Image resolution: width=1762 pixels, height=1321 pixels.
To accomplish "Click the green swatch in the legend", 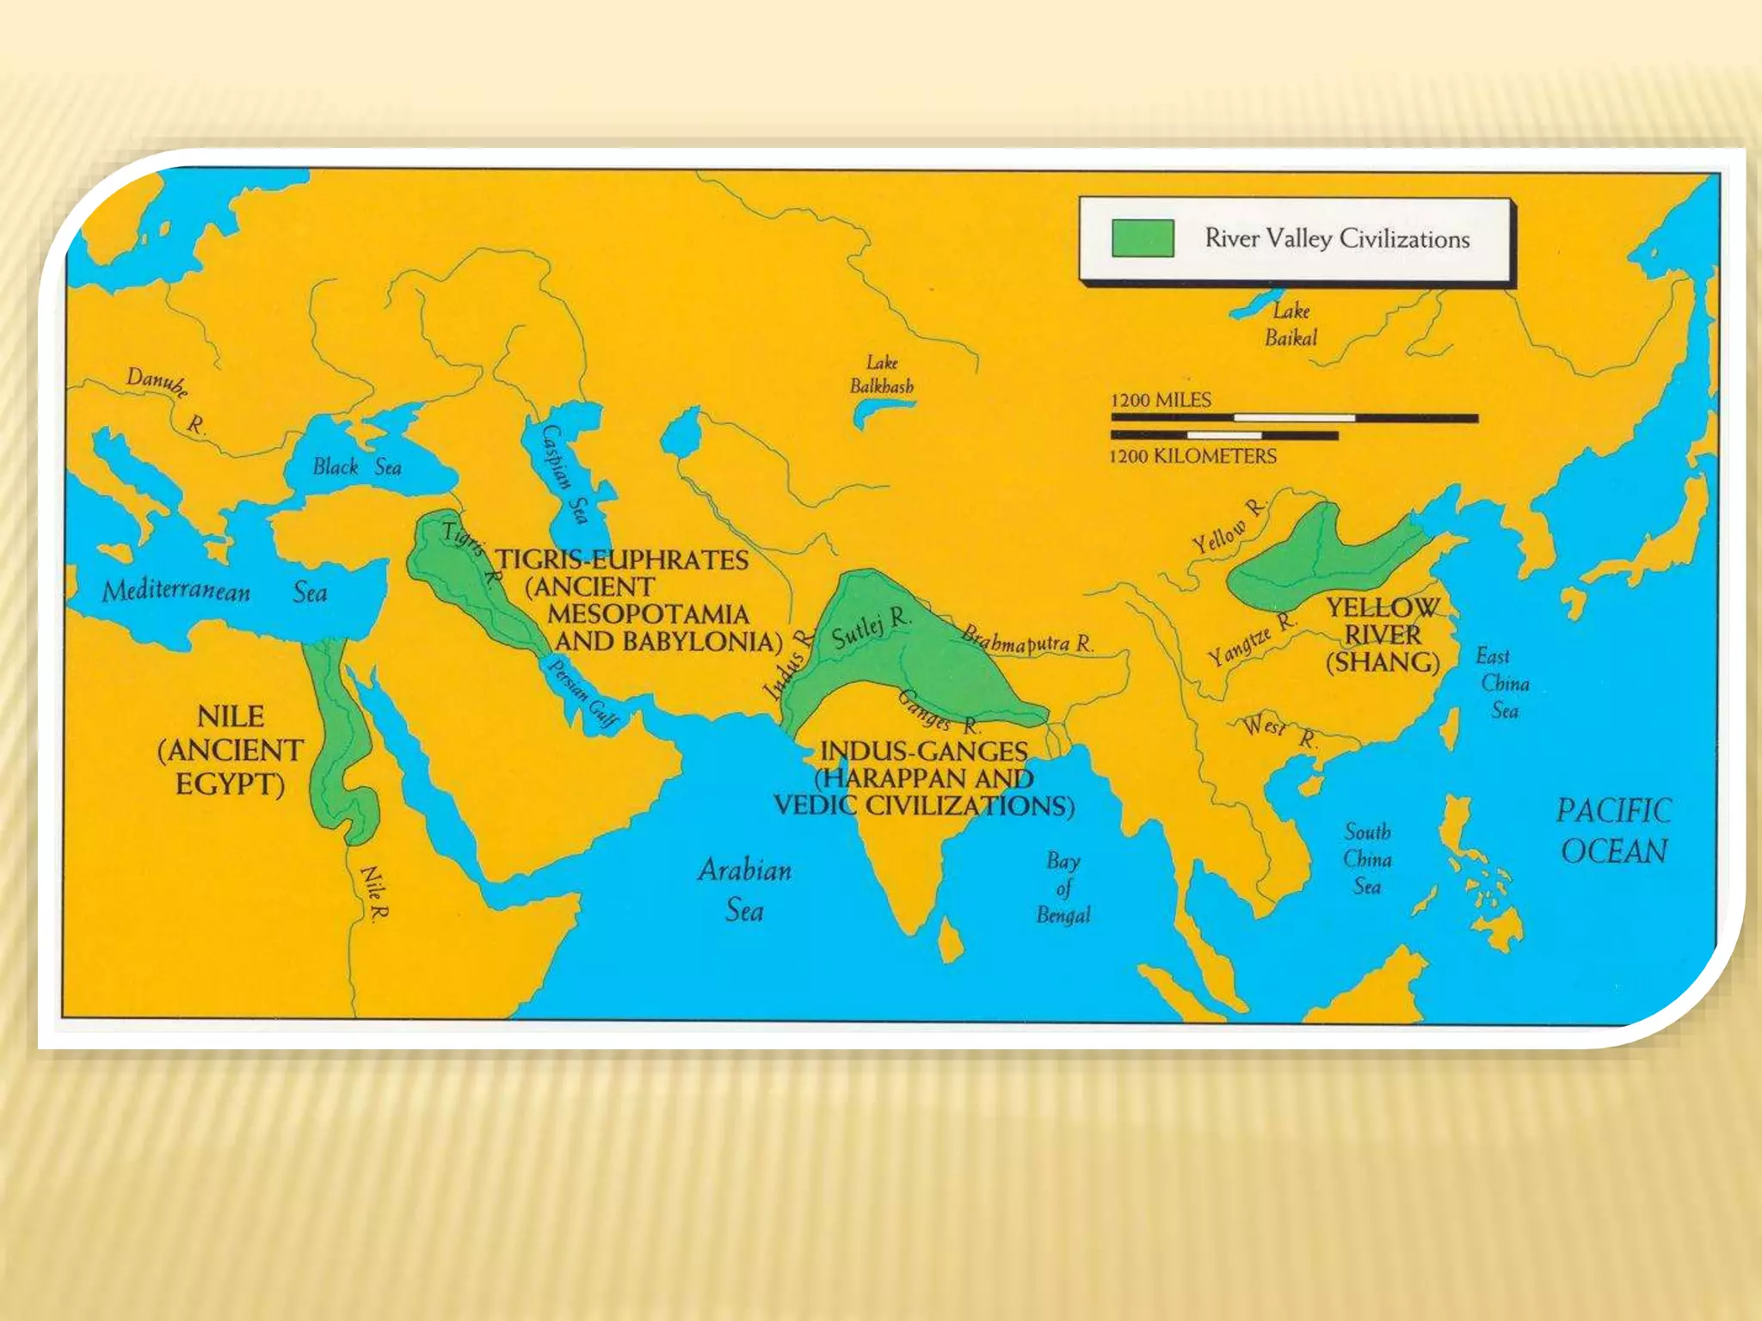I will coord(1143,238).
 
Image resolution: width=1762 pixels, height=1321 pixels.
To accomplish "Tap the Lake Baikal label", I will coord(1291,324).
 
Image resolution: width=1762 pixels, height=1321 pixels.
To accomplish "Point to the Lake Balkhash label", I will coord(882,375).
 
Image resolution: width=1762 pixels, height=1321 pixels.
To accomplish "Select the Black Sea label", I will coord(357,467).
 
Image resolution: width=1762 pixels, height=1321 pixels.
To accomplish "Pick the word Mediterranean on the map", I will coord(176,591).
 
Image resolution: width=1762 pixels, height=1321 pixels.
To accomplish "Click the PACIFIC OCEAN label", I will coord(1614,831).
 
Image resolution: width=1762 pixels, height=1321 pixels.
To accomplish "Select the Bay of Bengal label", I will coord(1063,888).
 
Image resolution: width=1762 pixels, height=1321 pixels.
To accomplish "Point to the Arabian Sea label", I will coord(745,889).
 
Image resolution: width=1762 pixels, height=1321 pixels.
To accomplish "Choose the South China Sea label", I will coord(1367,858).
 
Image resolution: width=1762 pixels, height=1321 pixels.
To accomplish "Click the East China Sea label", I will coord(1502,683).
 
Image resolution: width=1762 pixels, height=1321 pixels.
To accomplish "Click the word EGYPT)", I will coord(230,784).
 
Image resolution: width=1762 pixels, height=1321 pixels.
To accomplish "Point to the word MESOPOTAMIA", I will coord(648,614).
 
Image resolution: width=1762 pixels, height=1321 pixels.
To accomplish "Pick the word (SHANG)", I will coord(1383,662).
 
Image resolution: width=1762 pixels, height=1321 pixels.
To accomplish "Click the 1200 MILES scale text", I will coord(1161,400).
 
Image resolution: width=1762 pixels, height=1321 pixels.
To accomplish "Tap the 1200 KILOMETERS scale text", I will coord(1192,456).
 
